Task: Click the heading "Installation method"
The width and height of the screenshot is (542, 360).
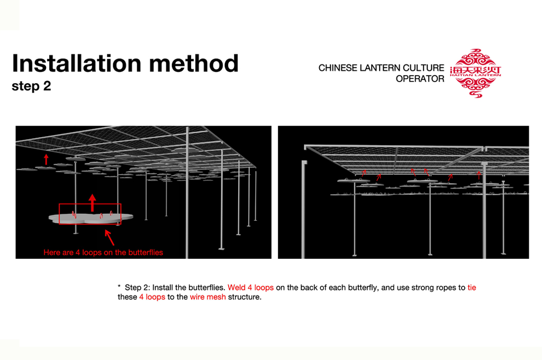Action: pos(125,64)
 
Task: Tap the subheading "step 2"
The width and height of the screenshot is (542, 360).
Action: pos(31,86)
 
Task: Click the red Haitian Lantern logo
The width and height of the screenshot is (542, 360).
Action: pos(475,73)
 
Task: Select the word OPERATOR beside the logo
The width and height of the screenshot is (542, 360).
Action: pos(420,79)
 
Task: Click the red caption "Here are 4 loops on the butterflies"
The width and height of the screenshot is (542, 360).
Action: pos(103,253)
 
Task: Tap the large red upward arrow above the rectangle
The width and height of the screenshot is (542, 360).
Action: pos(93,202)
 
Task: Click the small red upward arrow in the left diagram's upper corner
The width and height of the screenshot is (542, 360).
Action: pos(46,159)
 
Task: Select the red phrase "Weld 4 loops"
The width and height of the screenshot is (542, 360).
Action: pos(250,287)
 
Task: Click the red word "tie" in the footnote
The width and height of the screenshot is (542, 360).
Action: pos(472,287)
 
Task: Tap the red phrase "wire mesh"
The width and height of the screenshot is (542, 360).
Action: pos(207,297)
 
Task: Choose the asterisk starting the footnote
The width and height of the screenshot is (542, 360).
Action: pos(119,287)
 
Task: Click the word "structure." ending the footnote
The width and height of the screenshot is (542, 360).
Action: pos(245,297)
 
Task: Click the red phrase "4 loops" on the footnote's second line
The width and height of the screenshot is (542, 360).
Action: pos(152,297)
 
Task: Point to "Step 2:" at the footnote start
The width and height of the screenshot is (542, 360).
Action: pos(137,287)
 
